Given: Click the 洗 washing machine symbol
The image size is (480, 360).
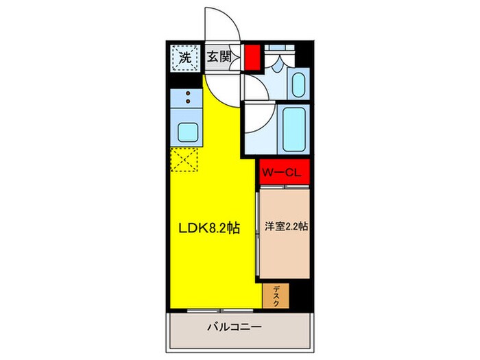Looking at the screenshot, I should pyautogui.click(x=184, y=58).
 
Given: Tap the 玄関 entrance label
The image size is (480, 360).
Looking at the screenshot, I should pyautogui.click(x=218, y=57).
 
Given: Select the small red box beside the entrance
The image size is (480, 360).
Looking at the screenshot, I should pyautogui.click(x=253, y=57).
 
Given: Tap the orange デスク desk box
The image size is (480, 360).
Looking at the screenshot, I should pyautogui.click(x=276, y=296).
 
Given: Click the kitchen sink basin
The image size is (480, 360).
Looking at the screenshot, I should pyautogui.click(x=187, y=130).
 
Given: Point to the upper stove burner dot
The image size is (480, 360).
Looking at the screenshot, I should pyautogui.click(x=187, y=93).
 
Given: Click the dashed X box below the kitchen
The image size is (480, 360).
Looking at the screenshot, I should pyautogui.click(x=183, y=160).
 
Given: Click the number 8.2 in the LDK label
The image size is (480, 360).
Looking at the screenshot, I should pyautogui.click(x=220, y=230).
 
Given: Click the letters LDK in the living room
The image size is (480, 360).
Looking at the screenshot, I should pyautogui.click(x=191, y=230).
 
